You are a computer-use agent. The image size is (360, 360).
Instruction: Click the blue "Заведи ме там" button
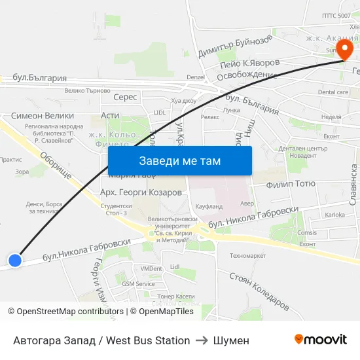click(x=179, y=161)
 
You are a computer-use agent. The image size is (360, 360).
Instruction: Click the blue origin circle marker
click(x=14, y=260)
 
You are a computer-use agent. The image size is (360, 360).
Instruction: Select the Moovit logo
click(x=321, y=340)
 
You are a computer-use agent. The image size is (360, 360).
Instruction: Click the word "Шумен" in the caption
click(x=231, y=340)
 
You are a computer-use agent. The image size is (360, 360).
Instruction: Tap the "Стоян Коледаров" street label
click(x=259, y=289)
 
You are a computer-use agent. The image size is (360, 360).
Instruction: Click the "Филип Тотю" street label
click(x=291, y=185)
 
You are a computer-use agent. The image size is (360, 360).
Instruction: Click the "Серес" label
click(x=125, y=97)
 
